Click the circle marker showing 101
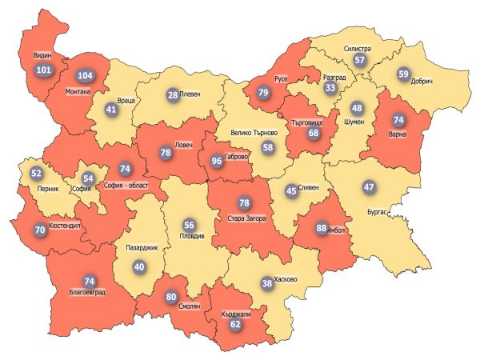point(43,70)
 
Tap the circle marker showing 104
point(83,76)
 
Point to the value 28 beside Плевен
point(172,95)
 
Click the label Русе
point(281,80)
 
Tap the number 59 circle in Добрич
point(403,74)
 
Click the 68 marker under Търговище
point(314,134)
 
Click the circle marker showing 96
point(216,161)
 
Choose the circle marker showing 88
point(322,228)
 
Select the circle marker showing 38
point(266,282)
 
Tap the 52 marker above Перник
point(36,173)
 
